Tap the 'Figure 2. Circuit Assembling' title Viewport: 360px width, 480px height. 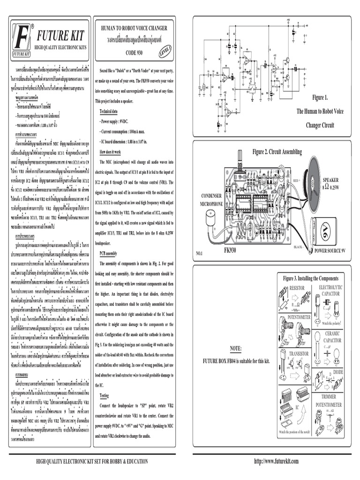(277, 152)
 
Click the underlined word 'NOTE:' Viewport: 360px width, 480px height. (236, 349)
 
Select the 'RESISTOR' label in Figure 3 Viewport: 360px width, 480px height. (297, 288)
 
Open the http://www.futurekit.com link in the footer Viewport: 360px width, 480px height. (276, 461)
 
